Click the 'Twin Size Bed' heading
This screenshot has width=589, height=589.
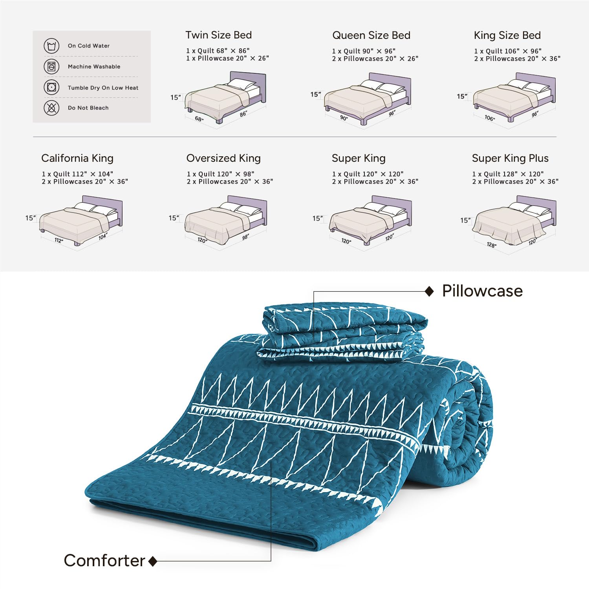[x=219, y=35]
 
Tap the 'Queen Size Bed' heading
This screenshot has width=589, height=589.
[x=371, y=35]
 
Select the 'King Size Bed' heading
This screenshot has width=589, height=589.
[x=507, y=35]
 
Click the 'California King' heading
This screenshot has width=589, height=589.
[x=77, y=158]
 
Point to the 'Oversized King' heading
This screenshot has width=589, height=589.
[x=223, y=158]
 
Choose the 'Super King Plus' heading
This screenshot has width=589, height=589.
[x=510, y=158]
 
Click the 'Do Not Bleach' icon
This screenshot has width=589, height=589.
[x=51, y=108]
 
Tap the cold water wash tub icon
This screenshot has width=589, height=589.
[x=51, y=46]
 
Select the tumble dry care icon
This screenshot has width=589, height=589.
[x=51, y=87]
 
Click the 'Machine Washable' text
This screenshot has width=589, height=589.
[x=94, y=67]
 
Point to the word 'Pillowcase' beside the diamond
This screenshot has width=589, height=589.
[x=482, y=291]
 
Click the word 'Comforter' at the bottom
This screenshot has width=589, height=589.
[x=104, y=561]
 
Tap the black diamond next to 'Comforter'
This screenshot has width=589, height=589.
[x=153, y=562]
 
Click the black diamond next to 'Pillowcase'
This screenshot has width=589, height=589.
[x=430, y=291]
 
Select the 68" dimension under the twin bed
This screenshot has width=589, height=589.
[x=199, y=119]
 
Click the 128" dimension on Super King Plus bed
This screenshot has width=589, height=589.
[x=491, y=245]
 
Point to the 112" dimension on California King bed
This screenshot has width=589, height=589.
[x=59, y=240]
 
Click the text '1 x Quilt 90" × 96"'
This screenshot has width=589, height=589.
[x=364, y=51]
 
